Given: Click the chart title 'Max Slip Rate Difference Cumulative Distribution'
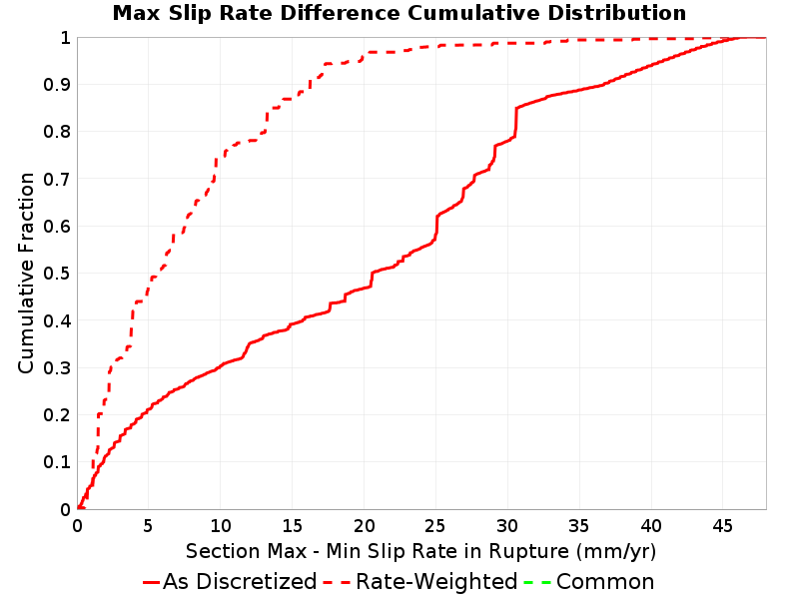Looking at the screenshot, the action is [x=399, y=13].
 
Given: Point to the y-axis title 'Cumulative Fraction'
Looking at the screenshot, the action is [x=26, y=273].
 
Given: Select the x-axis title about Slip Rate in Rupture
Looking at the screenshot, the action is [x=420, y=551].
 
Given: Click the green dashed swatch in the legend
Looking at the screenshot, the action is [x=538, y=582].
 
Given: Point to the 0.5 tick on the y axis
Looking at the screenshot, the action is [x=57, y=273].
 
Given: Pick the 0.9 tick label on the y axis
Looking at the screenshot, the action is [x=57, y=84].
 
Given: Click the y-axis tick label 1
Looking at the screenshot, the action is [x=65, y=37].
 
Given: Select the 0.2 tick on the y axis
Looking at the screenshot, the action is [x=57, y=414].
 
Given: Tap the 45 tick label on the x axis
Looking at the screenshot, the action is [x=722, y=525].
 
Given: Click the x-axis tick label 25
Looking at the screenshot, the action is [x=435, y=525].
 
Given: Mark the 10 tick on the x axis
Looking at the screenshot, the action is [x=221, y=525].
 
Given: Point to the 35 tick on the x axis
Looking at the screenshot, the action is [x=579, y=525].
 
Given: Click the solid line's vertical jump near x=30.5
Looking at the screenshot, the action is [x=515, y=122].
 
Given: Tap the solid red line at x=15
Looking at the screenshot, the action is [x=293, y=323].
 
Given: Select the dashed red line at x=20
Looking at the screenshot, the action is [x=364, y=55].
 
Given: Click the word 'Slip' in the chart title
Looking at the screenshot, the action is [x=189, y=13].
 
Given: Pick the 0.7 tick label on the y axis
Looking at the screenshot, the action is [x=57, y=179].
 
